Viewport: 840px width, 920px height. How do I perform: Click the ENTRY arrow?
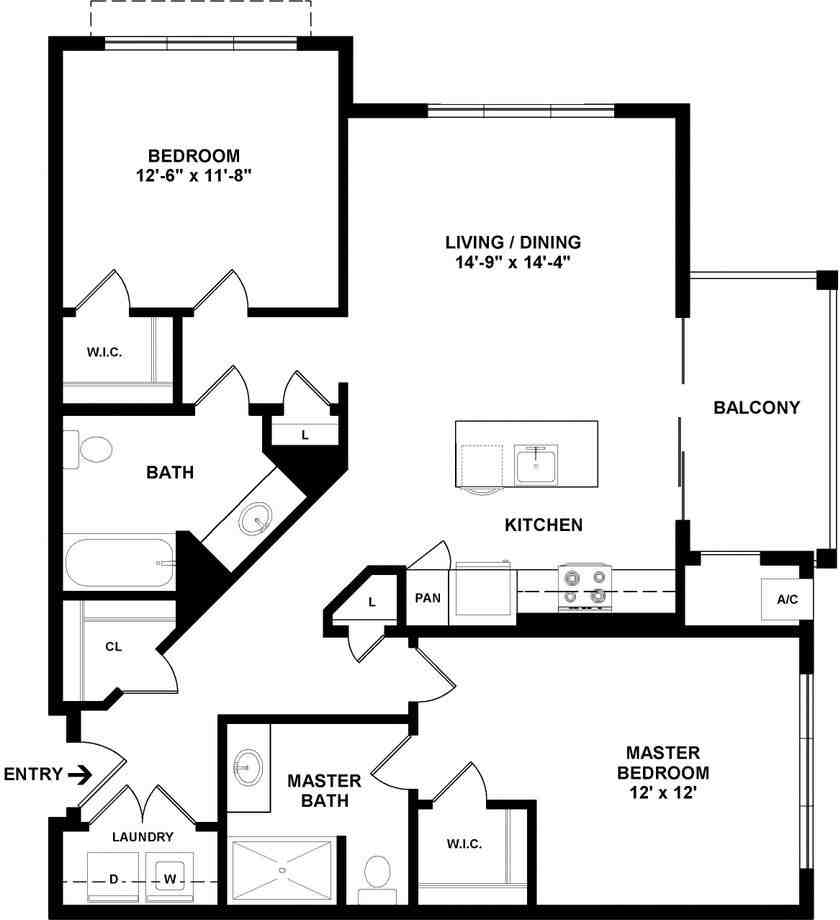[80, 776]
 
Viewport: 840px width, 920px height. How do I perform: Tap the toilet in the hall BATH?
[88, 450]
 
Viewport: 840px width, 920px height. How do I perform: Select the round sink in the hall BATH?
[255, 519]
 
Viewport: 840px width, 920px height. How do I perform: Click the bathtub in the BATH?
[120, 563]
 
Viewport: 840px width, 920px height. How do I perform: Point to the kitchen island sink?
[536, 465]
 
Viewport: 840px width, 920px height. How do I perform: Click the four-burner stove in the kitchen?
[585, 587]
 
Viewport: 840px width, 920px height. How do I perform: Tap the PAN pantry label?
[428, 598]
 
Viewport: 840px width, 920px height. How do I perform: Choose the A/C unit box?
[787, 600]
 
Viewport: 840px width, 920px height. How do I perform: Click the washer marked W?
[170, 878]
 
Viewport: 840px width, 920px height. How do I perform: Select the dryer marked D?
[113, 878]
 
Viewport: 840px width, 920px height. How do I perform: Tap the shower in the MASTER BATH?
[282, 870]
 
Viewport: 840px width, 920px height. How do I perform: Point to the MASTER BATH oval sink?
[248, 767]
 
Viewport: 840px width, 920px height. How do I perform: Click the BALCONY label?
[757, 408]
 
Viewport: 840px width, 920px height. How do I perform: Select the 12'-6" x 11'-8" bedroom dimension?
[194, 175]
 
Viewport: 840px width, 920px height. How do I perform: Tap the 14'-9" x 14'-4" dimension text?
[513, 262]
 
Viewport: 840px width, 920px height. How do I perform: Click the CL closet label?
[113, 647]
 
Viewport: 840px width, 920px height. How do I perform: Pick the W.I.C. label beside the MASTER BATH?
[464, 844]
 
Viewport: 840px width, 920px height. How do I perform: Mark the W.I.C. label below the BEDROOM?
[104, 353]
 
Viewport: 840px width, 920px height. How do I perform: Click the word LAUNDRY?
[143, 837]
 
